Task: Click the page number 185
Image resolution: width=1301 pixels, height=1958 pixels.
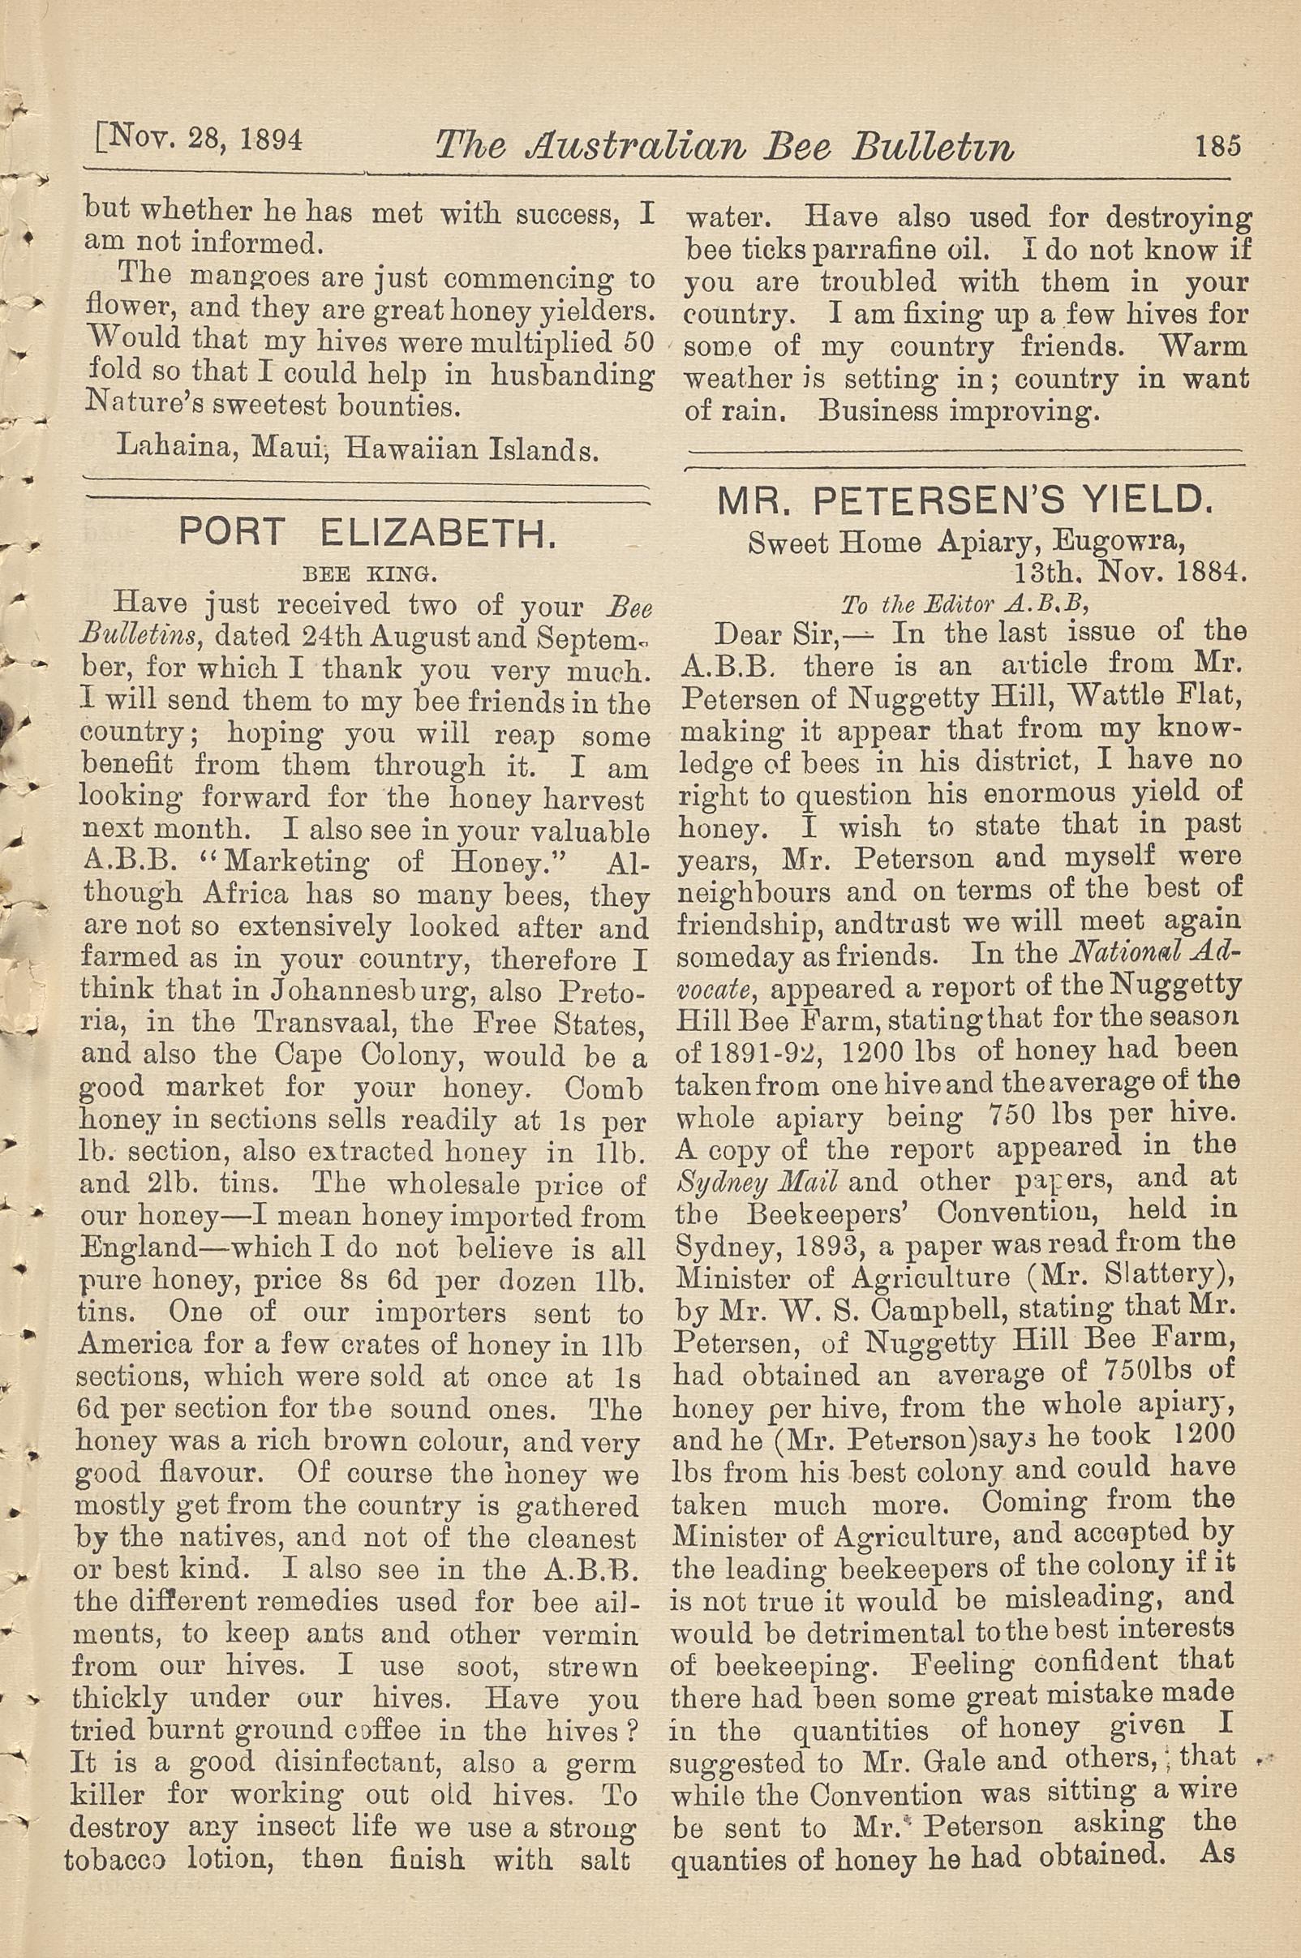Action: (x=1217, y=147)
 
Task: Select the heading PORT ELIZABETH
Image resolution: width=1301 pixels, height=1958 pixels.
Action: (x=367, y=534)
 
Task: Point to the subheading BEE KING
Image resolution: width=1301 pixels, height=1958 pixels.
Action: (x=367, y=573)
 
